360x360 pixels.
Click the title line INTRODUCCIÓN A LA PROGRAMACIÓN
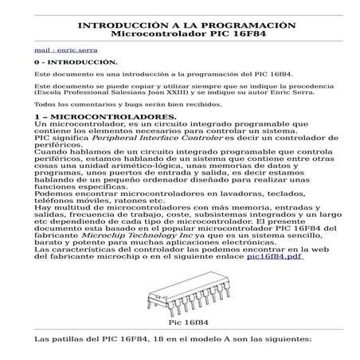[179, 25]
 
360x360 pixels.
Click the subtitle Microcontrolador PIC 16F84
[179, 35]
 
